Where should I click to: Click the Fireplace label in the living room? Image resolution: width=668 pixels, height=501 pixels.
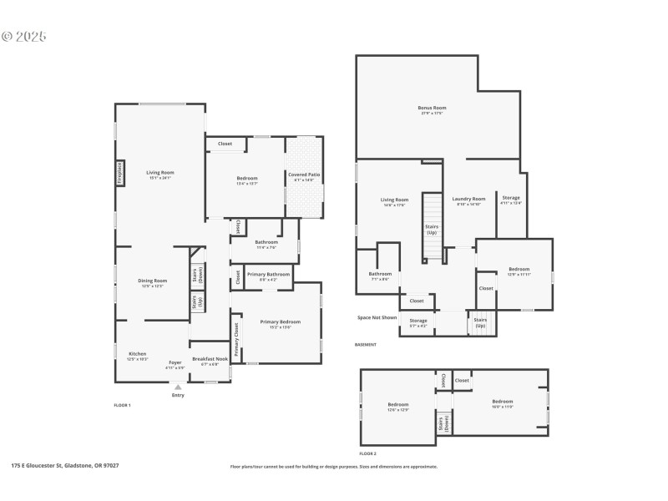[120, 174]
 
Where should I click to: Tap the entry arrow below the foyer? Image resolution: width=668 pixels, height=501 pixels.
[177, 387]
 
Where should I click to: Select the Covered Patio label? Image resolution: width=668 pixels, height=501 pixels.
[305, 175]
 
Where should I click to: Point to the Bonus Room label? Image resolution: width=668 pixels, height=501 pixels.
[432, 108]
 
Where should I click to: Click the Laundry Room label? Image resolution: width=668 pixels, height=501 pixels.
[468, 199]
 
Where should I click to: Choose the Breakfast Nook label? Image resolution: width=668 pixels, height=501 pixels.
[210, 359]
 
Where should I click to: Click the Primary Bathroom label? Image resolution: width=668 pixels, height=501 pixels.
[268, 275]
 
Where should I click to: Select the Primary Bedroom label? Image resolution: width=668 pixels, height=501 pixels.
[280, 321]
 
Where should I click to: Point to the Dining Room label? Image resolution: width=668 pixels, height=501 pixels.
[152, 281]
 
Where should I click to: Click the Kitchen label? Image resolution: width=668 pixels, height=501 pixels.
[137, 354]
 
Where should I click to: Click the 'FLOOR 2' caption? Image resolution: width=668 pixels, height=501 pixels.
[368, 453]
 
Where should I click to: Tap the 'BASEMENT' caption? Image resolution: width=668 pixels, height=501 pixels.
[366, 345]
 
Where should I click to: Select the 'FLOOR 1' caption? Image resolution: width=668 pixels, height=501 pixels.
[122, 405]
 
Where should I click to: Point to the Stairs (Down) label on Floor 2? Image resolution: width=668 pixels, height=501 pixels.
[442, 423]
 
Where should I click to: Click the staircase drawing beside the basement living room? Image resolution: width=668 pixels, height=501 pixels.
[431, 225]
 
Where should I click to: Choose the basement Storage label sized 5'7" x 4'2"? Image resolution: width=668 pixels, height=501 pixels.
[418, 321]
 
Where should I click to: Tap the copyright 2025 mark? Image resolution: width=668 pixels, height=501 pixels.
[24, 37]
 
